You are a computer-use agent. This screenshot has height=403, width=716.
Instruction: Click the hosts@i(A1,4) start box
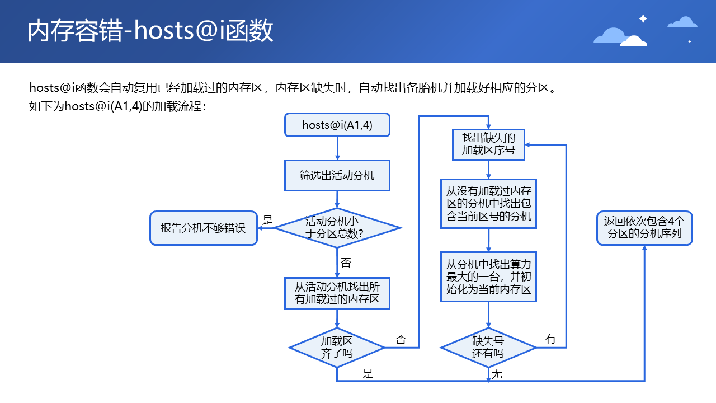click(x=337, y=125)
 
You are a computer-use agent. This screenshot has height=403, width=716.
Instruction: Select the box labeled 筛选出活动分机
click(x=337, y=175)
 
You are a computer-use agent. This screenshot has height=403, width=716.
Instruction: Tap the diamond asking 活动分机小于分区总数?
click(x=337, y=228)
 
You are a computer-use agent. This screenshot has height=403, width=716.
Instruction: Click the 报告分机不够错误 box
click(x=203, y=228)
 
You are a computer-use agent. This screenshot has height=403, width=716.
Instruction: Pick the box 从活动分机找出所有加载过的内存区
click(x=337, y=293)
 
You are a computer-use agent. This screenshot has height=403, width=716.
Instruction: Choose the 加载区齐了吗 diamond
click(x=337, y=347)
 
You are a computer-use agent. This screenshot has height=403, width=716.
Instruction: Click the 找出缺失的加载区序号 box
click(x=488, y=144)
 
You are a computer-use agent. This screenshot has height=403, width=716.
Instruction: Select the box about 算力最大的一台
click(x=488, y=278)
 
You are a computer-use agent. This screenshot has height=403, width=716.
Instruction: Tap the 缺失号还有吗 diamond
click(x=488, y=347)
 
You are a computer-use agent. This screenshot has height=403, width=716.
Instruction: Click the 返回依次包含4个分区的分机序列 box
click(x=644, y=228)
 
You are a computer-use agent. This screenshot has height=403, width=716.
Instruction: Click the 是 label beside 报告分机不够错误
click(x=268, y=221)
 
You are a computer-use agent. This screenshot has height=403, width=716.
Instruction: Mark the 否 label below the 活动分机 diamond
click(x=346, y=263)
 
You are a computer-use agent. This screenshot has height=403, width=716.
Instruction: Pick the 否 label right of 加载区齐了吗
click(x=401, y=339)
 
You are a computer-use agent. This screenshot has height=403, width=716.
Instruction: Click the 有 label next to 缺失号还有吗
click(x=550, y=339)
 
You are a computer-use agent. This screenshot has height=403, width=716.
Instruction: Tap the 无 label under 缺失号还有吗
click(x=497, y=374)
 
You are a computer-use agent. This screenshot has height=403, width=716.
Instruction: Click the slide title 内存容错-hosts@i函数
click(x=150, y=31)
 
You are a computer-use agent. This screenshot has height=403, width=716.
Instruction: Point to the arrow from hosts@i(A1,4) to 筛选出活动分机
click(x=337, y=148)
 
